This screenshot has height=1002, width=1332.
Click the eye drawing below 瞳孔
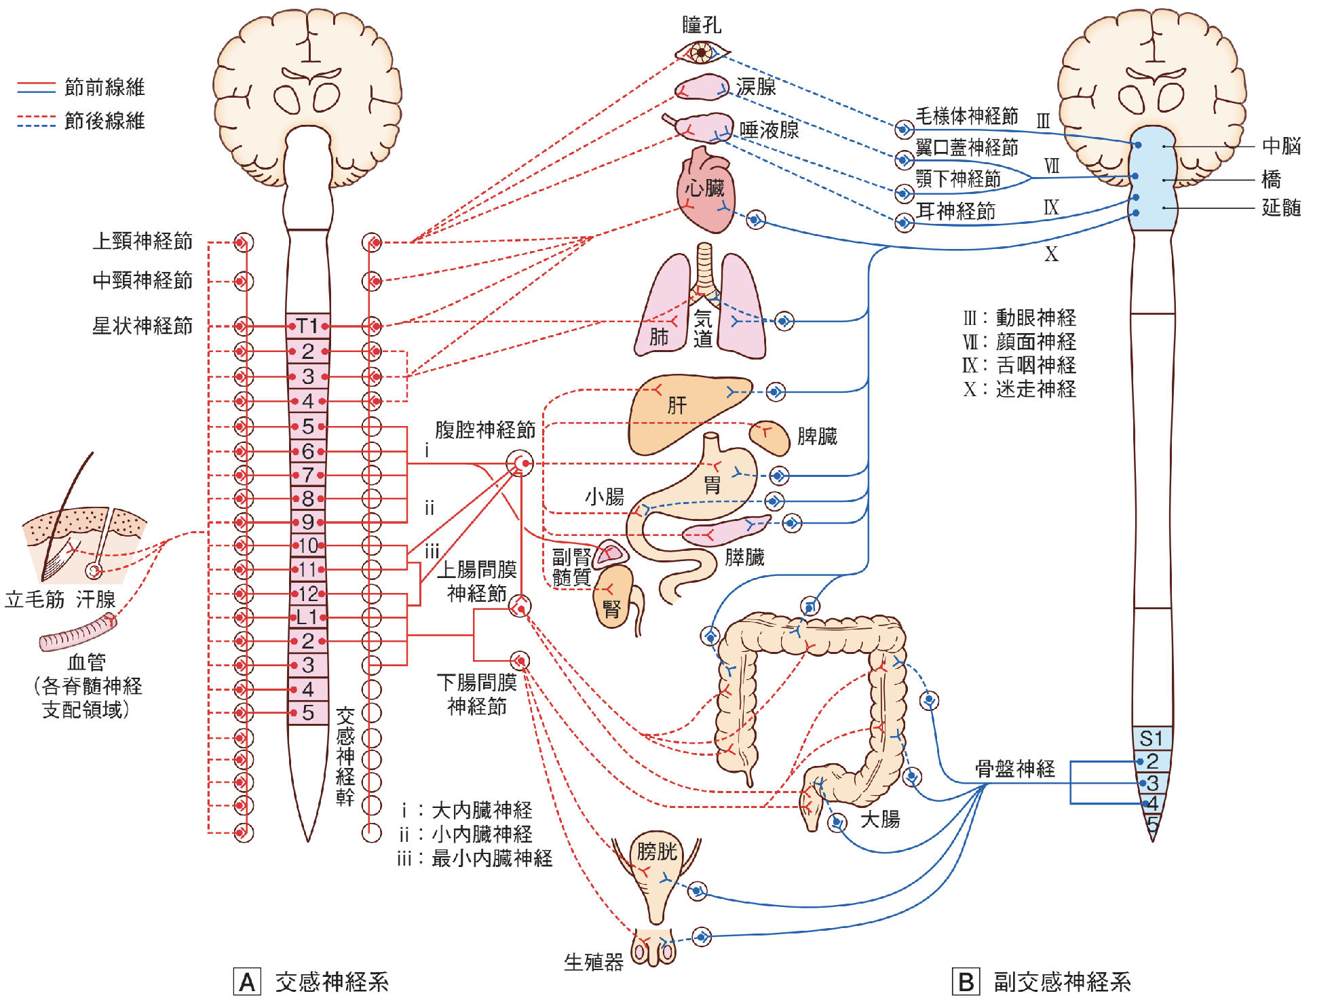[x=701, y=52]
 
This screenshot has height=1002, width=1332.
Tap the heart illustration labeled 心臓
[x=704, y=193]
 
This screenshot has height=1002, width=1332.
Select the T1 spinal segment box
[x=307, y=326]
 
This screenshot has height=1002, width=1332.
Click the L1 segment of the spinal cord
[x=307, y=617]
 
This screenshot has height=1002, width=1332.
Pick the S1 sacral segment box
[x=1152, y=738]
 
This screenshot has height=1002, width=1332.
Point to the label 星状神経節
[x=142, y=326]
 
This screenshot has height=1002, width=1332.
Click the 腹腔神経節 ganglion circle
[x=520, y=463]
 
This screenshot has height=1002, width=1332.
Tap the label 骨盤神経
[x=1015, y=769]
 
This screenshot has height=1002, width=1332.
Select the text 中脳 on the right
[x=1281, y=146]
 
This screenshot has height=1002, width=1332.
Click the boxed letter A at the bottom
[x=247, y=982]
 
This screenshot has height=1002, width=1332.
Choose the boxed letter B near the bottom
[x=966, y=982]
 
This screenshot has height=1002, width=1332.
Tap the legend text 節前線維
[x=104, y=87]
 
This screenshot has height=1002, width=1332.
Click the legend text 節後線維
[x=104, y=121]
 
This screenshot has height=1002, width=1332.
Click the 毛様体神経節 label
[x=967, y=116]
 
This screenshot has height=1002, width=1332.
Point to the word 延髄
[x=1281, y=208]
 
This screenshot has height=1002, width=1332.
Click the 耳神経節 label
[x=955, y=211]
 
